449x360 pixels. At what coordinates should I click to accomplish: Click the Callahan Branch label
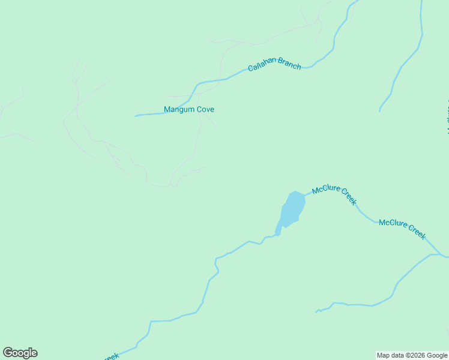coord(274,65)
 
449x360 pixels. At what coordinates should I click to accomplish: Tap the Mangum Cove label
coord(189,110)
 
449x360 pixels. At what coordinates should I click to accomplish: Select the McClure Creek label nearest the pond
coord(334,194)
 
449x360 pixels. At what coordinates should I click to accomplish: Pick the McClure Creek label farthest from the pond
coord(402,229)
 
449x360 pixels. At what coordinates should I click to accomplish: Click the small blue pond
coord(292,209)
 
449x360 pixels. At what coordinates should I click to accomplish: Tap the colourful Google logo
coord(20,353)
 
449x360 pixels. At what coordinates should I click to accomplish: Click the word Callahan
coord(262,67)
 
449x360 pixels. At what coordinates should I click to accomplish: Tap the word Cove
coord(205,110)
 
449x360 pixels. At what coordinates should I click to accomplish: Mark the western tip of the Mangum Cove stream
coord(136,116)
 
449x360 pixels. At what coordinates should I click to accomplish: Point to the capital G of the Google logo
coord(8,353)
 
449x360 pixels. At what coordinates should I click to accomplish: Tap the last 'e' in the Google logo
coord(34,353)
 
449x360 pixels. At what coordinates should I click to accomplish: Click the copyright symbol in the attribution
coord(408,355)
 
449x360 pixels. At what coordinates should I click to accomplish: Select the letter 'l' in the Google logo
coord(29,352)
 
